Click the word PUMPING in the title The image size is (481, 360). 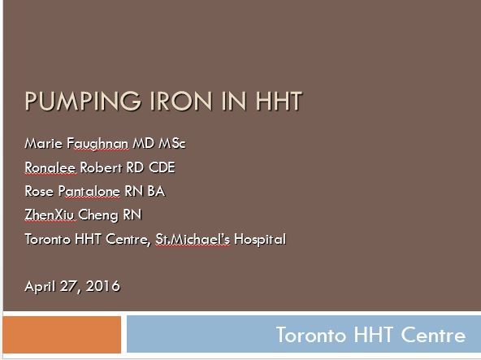(x=83, y=101)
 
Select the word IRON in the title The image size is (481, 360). (x=181, y=101)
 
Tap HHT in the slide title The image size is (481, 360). (x=279, y=101)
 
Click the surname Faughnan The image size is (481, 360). (x=97, y=144)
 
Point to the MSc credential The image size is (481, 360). (x=171, y=143)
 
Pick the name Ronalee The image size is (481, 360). (x=50, y=167)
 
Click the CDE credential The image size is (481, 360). (x=162, y=167)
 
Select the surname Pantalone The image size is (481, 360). (x=89, y=191)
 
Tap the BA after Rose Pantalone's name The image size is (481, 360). (x=156, y=191)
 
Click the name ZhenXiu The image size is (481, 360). (x=50, y=215)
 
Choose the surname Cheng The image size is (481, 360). (x=98, y=215)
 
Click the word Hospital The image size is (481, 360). (x=260, y=240)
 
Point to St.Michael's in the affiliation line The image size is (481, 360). (x=193, y=240)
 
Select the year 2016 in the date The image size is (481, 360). (x=102, y=286)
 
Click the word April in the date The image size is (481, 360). (x=40, y=287)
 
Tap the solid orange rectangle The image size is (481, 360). (x=62, y=335)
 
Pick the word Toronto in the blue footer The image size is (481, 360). (x=311, y=335)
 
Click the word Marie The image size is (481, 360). (x=44, y=143)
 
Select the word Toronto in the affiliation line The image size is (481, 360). (x=48, y=240)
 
